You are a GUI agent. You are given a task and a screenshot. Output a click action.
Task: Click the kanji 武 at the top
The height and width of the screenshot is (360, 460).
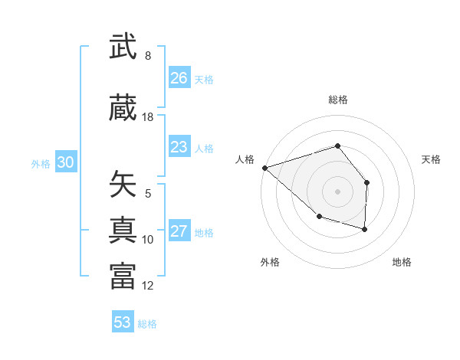coord(123,47)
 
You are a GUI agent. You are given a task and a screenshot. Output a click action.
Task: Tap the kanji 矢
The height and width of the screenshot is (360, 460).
coord(123,184)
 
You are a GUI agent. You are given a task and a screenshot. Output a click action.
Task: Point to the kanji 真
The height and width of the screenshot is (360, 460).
coord(123,229)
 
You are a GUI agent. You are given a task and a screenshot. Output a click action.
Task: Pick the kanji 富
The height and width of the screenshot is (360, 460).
coord(123,276)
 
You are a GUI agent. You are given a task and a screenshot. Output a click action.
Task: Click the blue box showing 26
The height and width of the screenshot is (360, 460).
coord(179,78)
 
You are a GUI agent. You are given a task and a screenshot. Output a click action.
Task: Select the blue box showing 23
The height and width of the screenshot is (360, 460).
coord(179,147)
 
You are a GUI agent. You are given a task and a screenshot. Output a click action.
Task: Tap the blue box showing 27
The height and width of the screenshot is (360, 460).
coord(179,232)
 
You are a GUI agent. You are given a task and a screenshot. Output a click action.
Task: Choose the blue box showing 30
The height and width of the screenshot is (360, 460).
coord(65,162)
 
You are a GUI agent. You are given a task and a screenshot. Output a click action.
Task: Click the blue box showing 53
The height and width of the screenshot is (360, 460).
coord(123,322)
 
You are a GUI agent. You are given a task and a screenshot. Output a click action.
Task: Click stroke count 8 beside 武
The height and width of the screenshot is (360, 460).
coord(147,56)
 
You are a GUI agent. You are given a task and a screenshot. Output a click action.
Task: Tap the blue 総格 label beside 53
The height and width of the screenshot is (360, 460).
coord(147,324)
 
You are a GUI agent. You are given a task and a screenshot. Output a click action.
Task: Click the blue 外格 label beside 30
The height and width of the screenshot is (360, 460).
coord(41,163)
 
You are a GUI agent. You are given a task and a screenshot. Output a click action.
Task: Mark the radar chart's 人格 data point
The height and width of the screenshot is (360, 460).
coord(264,168)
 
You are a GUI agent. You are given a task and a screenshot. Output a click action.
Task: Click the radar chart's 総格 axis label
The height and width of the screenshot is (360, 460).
coord(337,100)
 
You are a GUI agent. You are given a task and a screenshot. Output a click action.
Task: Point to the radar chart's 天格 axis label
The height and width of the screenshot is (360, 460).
coord(432,159)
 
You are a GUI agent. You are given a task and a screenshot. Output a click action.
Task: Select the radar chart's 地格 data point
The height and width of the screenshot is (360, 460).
coord(365,229)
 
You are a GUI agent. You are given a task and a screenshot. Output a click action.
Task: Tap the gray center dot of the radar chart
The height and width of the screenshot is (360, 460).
coord(337,191)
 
